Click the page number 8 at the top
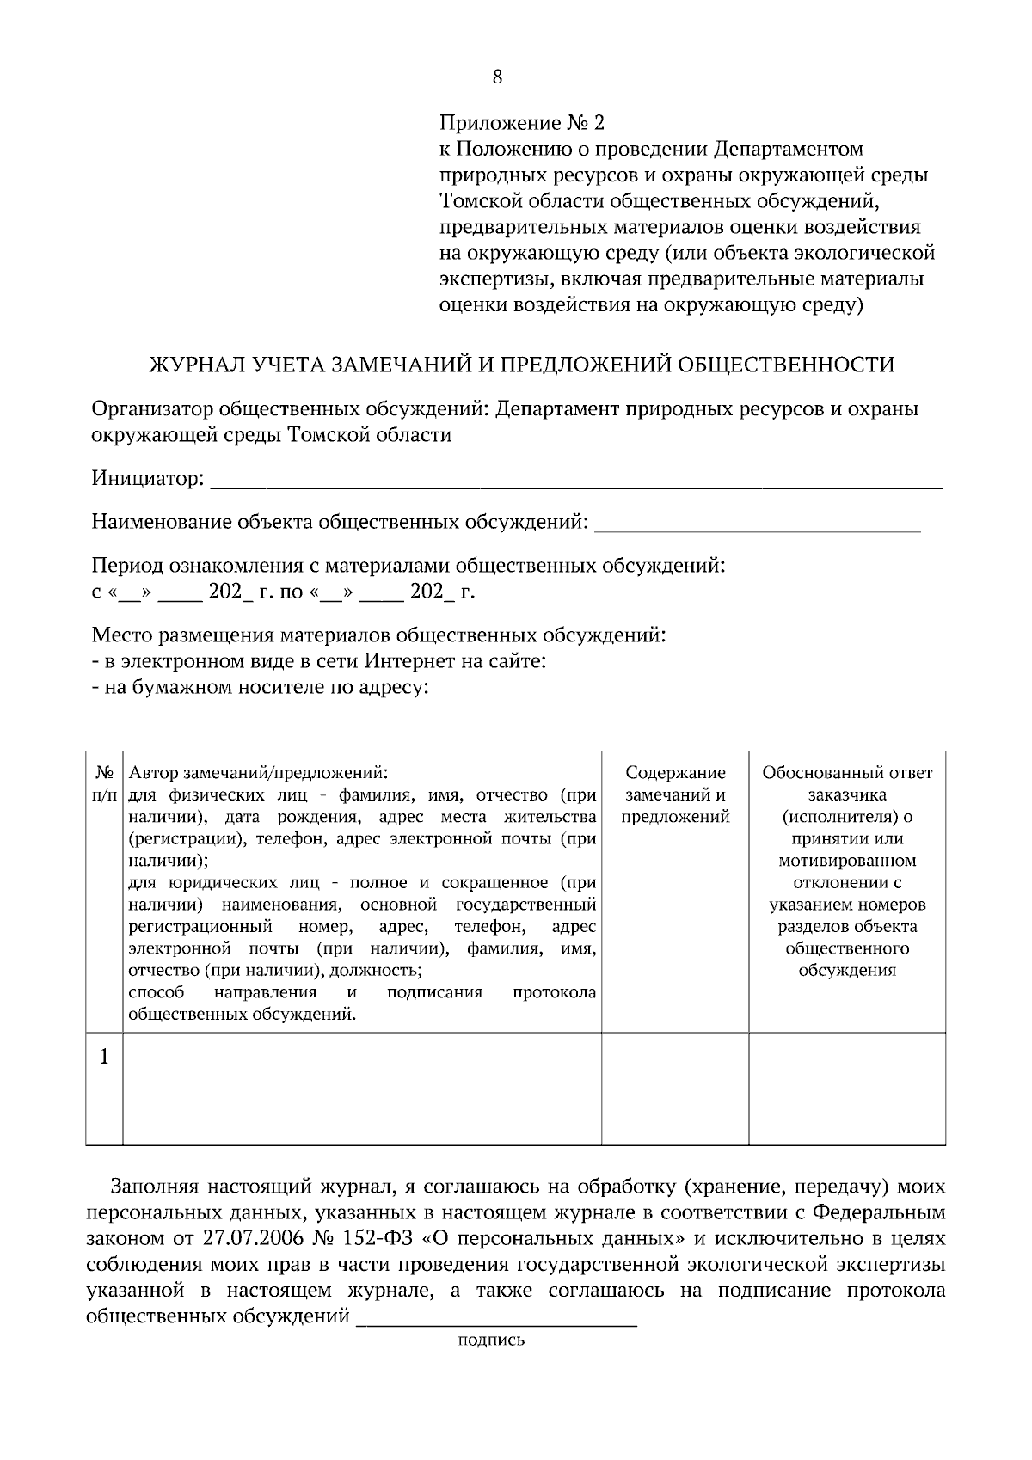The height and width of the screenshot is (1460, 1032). coord(498,77)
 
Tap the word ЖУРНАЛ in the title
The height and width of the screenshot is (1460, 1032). coord(193,365)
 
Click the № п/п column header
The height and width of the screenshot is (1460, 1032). coord(104,782)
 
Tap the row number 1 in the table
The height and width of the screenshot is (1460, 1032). coord(104,1057)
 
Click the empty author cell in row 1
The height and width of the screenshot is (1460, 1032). coord(361,1089)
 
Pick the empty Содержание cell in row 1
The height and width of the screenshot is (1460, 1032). coord(675,1089)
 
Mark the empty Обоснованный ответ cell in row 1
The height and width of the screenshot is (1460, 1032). coord(847,1089)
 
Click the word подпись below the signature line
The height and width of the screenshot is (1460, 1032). coord(491,1340)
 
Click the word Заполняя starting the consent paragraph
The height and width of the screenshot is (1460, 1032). coord(155,1187)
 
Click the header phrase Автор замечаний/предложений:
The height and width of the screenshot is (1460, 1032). coord(258,772)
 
